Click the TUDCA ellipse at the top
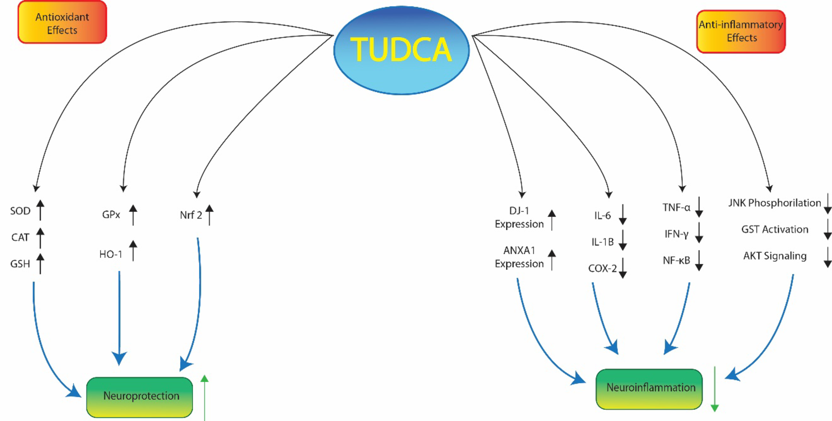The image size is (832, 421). pos(401,50)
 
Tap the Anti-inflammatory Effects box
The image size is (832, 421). pos(741,31)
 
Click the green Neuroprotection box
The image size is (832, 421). pos(140,397)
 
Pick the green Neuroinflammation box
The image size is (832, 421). pos(649,388)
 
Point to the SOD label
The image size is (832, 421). pos(20,211)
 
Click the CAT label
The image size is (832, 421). pos(20,238)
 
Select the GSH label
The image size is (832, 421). pos(20,264)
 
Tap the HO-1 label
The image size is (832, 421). pos(111,254)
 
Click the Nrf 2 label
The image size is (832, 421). pos(191,215)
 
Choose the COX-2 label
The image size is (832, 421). pos(602,268)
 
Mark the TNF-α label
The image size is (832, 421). pos(676,207)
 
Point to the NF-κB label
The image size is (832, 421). pos(676,261)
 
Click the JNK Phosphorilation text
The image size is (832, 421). pos(775,203)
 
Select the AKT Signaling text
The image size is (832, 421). pos(775,256)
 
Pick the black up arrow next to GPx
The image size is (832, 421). pos(133,215)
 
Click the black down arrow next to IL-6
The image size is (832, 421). pos(623,215)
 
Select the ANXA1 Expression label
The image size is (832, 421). pos(519,257)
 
